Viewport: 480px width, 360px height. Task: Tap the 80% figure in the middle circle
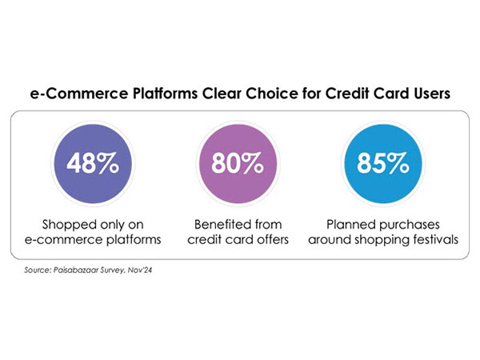tap(238, 165)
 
